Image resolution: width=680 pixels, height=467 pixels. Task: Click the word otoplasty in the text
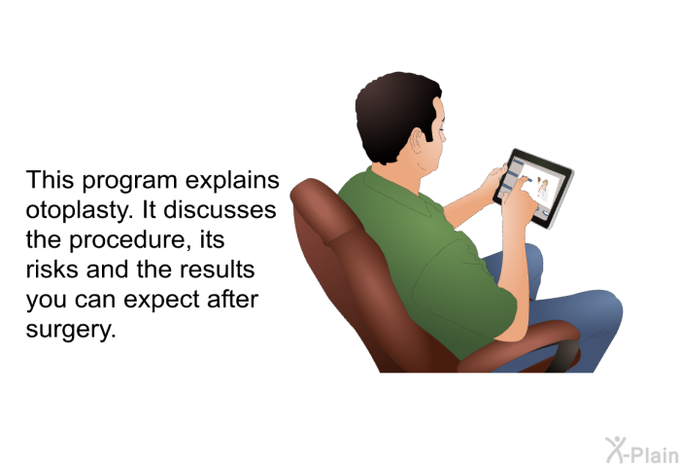pos(80,211)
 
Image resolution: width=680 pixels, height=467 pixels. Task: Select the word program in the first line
pos(129,181)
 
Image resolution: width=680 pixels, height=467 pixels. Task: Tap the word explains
pos(232,181)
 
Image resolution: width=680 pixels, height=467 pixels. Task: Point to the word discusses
pos(220,210)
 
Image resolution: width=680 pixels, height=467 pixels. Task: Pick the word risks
pos(52,269)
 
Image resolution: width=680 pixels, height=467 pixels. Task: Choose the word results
pos(218,269)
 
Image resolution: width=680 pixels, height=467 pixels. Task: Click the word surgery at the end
pos(71,330)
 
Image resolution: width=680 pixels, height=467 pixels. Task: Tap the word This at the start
pos(50,180)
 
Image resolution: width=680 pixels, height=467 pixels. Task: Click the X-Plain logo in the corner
pos(642,450)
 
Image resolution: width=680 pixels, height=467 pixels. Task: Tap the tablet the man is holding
pos(533,189)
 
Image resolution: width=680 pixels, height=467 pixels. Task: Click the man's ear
pos(418,141)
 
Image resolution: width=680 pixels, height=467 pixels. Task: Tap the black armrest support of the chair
pos(563,356)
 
